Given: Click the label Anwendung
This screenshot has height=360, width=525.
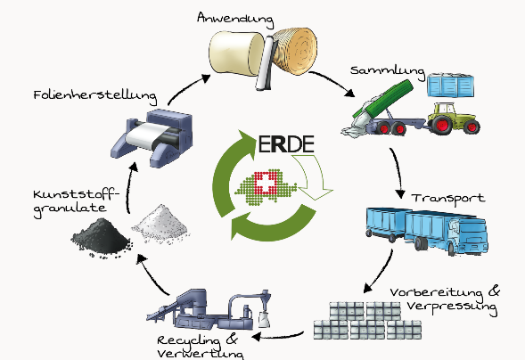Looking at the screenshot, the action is coord(235,19).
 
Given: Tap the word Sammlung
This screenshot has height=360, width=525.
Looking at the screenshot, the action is coord(388,71).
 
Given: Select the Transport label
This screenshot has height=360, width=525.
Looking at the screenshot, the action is coord(448,199).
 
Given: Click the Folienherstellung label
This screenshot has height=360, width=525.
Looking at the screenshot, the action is coord(95,96).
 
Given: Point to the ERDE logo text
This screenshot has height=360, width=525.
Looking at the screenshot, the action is coord(287,143).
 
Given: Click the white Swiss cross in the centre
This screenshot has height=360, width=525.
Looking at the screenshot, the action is coord(263,184).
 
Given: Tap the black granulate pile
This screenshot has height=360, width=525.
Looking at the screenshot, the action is coord(101,237).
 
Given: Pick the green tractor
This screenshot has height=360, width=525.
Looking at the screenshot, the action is coord(452,119).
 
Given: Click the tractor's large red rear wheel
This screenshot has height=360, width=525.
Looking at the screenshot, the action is coord(442,125).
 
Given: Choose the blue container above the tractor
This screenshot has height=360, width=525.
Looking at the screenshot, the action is coord(450,85).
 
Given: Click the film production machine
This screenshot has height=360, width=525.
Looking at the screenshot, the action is coord(152,137).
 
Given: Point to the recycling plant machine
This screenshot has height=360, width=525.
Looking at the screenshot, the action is coord(209,309).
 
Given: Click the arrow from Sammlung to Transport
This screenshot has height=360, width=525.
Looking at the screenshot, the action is coord(398,172).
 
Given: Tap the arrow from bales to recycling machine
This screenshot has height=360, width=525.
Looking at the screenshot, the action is coord(277,336).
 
